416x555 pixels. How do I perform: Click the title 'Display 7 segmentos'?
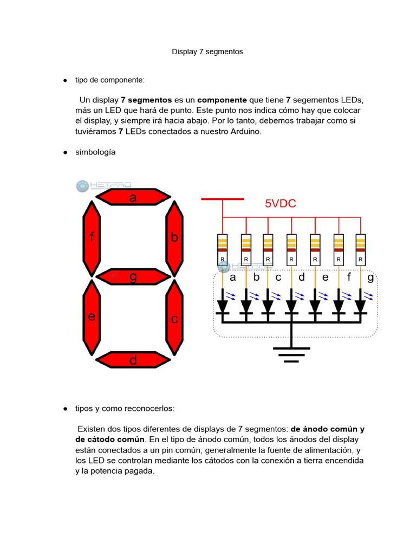[x=207, y=52]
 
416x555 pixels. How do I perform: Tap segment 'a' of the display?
[x=133, y=197]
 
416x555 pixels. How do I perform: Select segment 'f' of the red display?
[x=92, y=237]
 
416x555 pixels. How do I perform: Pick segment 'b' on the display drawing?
[x=174, y=237]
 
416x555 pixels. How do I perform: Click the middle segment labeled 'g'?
[x=133, y=276]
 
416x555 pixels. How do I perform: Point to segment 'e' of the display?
[x=92, y=317]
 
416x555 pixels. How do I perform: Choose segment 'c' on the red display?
[x=174, y=318]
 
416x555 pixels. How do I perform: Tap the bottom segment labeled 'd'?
[x=133, y=360]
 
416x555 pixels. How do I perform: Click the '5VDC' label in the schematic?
[x=280, y=204]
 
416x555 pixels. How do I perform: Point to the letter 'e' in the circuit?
[x=326, y=277]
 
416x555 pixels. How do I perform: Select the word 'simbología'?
[x=95, y=152]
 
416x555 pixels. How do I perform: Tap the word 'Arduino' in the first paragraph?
[x=246, y=131]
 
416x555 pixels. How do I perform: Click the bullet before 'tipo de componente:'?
[x=64, y=80]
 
